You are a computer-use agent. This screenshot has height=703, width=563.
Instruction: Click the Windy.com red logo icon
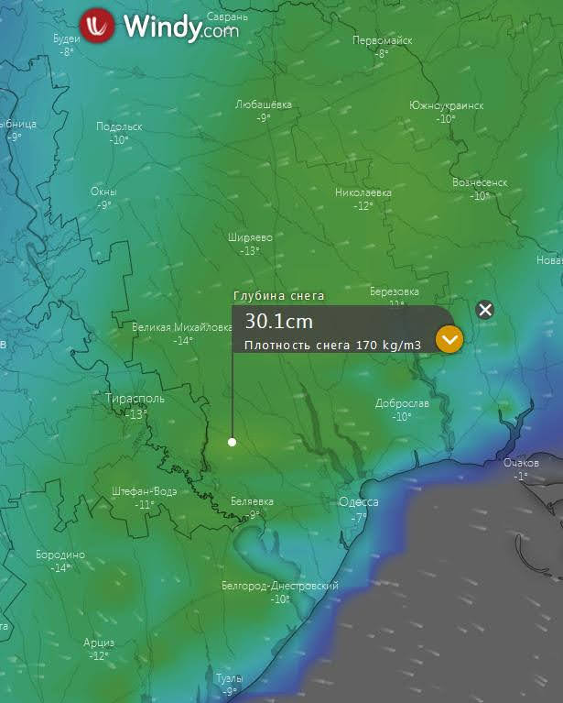tap(97, 26)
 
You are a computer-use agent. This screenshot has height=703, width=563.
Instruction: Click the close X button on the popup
tap(485, 310)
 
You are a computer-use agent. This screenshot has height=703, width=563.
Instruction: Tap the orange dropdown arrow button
tap(449, 339)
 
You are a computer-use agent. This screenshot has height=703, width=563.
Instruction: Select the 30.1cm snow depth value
tap(278, 322)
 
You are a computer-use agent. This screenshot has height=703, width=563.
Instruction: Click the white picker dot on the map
tap(233, 442)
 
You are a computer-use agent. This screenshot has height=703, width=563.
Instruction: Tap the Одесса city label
tap(359, 501)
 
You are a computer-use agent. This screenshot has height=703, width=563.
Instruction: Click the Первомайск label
tap(383, 40)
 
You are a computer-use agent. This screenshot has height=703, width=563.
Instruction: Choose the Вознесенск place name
tap(480, 182)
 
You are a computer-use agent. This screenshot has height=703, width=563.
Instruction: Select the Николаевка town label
tap(363, 192)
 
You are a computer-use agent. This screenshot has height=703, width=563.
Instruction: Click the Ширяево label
tap(250, 237)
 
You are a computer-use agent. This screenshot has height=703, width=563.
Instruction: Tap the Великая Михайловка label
tap(182, 327)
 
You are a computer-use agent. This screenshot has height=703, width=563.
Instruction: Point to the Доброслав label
tap(402, 403)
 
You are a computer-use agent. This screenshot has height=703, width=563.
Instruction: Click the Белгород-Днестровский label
tap(280, 586)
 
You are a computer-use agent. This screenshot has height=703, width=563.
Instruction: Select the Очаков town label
tap(521, 463)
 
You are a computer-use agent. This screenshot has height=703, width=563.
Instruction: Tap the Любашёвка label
tap(264, 104)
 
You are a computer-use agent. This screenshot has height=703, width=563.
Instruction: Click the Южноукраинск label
tap(446, 105)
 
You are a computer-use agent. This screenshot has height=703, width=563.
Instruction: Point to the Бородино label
tap(60, 555)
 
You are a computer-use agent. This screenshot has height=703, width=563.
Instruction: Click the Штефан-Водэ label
tap(144, 491)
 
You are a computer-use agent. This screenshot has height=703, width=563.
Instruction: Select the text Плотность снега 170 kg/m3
tap(332, 346)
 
